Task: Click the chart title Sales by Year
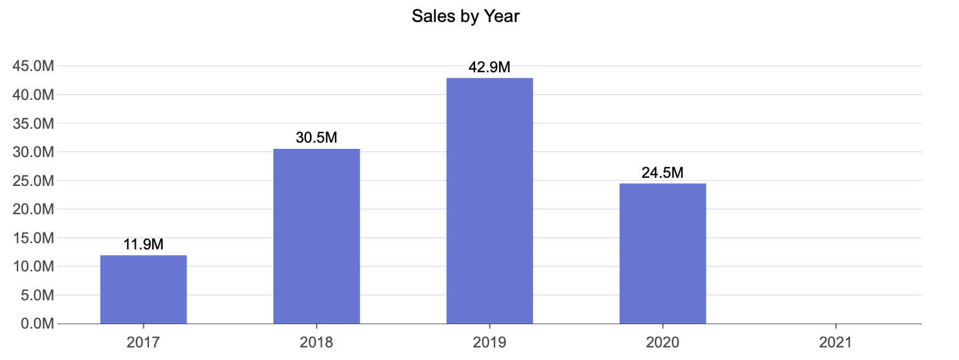click(x=466, y=16)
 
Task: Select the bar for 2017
click(x=143, y=290)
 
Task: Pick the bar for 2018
click(x=316, y=236)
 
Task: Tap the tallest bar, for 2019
click(x=490, y=201)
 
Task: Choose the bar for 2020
click(x=662, y=254)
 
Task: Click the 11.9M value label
click(x=143, y=244)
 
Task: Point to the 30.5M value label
click(x=316, y=138)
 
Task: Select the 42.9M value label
click(x=490, y=67)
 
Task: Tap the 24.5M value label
click(x=662, y=172)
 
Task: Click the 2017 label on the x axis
click(x=143, y=342)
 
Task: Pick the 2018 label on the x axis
click(x=316, y=342)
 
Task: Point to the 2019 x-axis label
click(x=490, y=342)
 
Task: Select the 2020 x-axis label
click(x=662, y=342)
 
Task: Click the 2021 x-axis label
click(x=836, y=342)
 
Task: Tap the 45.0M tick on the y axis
click(x=33, y=66)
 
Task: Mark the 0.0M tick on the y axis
click(x=36, y=324)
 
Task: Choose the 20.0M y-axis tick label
click(x=33, y=209)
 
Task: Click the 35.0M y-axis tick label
click(x=33, y=123)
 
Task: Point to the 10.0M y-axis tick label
click(x=33, y=266)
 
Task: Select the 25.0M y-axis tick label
click(x=33, y=181)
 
